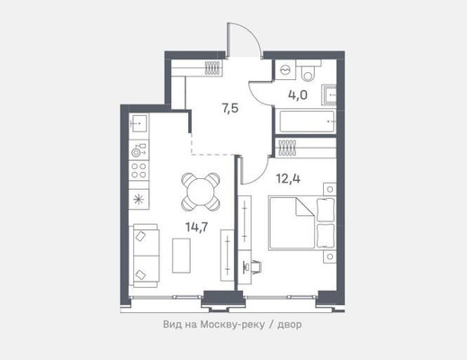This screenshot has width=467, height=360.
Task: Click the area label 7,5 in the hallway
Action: tap(230, 109)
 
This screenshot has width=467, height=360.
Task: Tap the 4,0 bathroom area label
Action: tap(298, 95)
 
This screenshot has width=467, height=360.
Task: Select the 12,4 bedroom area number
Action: tap(288, 179)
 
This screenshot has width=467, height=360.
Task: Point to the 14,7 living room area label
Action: tap(197, 227)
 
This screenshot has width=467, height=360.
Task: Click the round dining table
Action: tap(201, 191)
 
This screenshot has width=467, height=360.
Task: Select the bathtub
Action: tap(307, 121)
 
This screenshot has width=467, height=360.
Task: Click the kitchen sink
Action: tap(139, 123)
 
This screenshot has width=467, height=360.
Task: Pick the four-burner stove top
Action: tap(139, 170)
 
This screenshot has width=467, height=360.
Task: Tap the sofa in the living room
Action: tap(146, 256)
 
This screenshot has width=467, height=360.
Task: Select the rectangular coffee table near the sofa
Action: tap(181, 256)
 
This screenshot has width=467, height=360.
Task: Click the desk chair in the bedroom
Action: tap(254, 266)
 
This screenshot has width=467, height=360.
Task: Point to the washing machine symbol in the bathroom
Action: tap(284, 69)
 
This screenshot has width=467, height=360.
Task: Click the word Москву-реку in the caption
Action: tap(233, 324)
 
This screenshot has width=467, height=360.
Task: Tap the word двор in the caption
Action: tap(290, 325)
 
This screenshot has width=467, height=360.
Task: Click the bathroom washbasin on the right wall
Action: tap(329, 94)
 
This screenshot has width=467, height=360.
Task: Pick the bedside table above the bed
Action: tap(330, 189)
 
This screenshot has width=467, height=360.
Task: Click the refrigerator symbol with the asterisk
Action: tap(139, 200)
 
